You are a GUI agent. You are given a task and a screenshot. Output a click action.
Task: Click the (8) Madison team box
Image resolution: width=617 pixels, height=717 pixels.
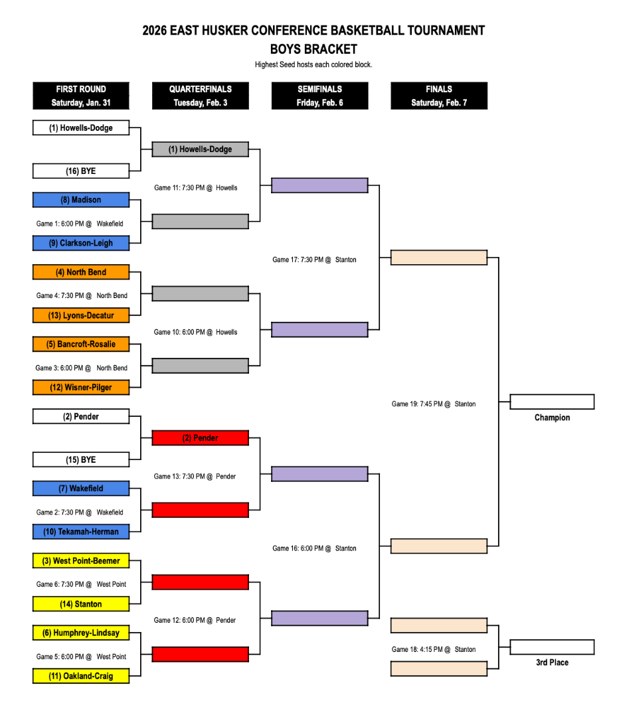click(81, 200)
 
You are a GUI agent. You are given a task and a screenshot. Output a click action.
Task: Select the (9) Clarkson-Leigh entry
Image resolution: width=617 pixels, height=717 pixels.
click(81, 243)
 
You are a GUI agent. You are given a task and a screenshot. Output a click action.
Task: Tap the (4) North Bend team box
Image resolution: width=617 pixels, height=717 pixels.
click(81, 272)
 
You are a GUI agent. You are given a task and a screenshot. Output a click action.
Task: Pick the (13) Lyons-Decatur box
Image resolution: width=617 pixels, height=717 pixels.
click(81, 315)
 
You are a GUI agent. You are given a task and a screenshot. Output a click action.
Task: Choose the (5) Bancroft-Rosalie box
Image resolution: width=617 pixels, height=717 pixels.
click(81, 345)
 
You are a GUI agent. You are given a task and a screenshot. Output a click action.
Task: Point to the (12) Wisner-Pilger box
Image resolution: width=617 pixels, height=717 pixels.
click(81, 388)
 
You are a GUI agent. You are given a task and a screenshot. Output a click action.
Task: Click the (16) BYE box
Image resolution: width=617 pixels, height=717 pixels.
click(81, 171)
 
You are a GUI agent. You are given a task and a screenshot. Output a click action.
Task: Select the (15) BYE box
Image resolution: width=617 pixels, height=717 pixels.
click(81, 460)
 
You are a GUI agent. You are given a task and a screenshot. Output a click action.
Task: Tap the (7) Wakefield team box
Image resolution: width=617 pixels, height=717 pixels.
click(81, 489)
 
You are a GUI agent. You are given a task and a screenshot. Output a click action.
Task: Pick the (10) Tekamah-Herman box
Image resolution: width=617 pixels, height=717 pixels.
click(81, 532)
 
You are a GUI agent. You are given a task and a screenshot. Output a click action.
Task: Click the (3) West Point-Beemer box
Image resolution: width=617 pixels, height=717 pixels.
click(81, 561)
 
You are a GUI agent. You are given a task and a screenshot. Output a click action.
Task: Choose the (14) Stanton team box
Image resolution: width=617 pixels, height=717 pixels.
click(81, 604)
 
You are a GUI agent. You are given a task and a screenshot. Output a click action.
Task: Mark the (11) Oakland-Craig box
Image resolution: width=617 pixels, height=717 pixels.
click(81, 677)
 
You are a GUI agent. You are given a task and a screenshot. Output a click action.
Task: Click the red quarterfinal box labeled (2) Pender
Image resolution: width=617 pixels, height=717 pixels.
click(200, 438)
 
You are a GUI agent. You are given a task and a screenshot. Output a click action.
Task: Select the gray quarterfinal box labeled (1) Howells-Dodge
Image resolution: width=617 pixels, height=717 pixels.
click(200, 149)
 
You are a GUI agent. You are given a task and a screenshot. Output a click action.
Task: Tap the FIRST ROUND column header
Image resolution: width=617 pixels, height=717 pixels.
click(81, 96)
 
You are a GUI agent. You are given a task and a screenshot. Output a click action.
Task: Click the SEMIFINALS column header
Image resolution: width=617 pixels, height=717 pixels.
click(319, 96)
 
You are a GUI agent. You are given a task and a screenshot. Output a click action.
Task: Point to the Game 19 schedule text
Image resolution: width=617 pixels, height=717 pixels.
click(433, 404)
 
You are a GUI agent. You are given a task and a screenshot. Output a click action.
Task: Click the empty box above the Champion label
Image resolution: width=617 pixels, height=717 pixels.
click(552, 402)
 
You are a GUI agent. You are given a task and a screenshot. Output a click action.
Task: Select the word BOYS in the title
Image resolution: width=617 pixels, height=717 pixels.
click(285, 49)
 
